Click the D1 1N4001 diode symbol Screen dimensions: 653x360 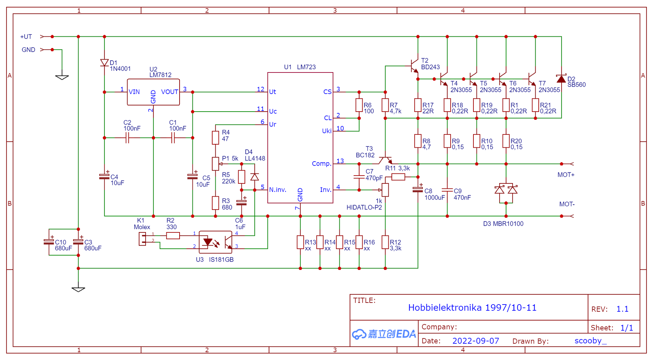pos(104,63)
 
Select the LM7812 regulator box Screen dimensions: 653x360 pos(153,92)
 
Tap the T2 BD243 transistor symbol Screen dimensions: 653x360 pos(414,66)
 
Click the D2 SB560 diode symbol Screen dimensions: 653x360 pos(561,79)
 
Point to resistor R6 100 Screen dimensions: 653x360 pos(359,105)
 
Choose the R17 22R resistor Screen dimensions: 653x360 pos(418,105)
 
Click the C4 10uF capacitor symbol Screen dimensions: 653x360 pos(104,176)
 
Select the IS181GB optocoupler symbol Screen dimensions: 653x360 pos(215,242)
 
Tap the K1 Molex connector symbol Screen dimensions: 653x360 pos(142,239)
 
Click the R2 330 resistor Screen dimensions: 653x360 pos(173,235)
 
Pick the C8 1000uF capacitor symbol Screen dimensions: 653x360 pos(418,189)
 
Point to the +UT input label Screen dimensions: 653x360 pos(26,37)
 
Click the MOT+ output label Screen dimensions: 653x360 pos(566,175)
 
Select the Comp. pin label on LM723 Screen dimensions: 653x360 pos(321,164)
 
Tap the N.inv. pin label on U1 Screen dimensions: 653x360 pos(278,190)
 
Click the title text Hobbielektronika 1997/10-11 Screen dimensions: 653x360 pos(472,308)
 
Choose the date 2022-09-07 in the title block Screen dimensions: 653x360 pos(475,341)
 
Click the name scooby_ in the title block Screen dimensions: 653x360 pos(590,341)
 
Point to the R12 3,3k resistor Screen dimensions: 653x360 pos(385,242)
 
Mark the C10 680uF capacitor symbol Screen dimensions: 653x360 pos(49,242)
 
